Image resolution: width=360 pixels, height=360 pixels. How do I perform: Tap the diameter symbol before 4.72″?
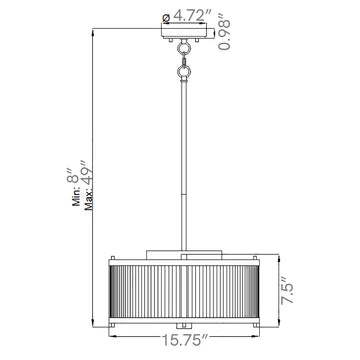166,18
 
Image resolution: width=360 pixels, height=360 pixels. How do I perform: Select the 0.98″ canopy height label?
224,31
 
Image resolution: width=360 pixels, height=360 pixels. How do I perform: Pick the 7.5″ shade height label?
287,290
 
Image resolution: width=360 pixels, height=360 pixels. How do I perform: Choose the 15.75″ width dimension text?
184,340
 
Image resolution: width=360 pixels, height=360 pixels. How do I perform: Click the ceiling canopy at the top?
184,31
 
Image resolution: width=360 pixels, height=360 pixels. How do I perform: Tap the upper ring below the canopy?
183,49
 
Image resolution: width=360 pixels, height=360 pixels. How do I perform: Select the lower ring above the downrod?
183,71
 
